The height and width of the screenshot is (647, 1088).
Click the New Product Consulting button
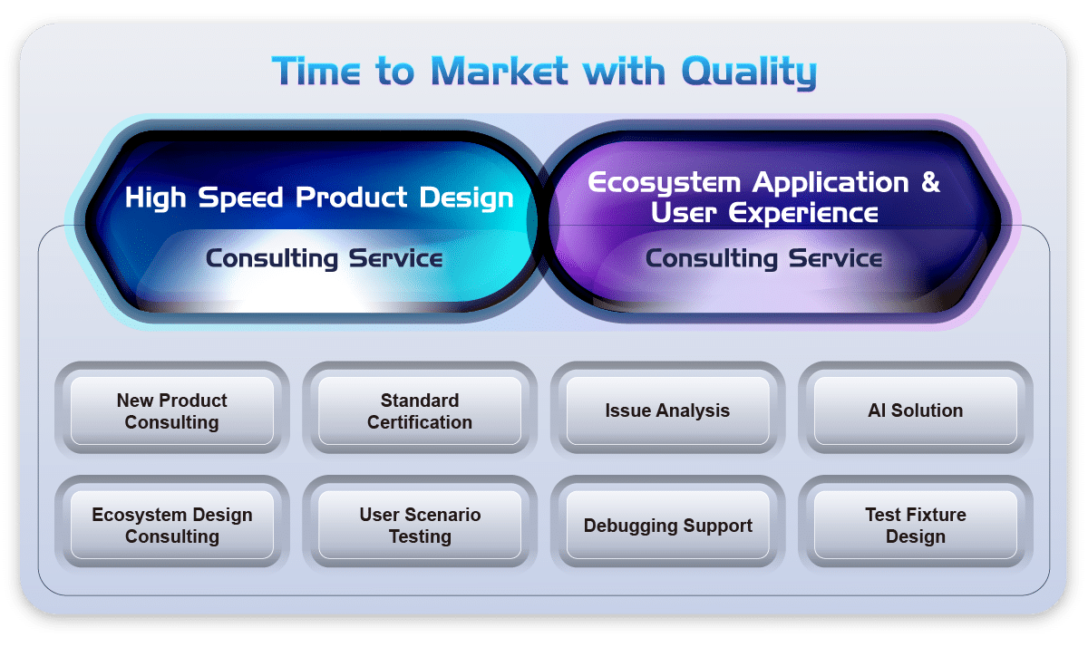click(172, 410)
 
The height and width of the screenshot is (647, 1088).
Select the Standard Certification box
click(420, 410)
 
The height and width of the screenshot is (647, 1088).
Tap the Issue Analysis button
click(667, 410)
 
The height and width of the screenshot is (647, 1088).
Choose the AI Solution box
click(915, 410)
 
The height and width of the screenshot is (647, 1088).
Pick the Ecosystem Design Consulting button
click(172, 526)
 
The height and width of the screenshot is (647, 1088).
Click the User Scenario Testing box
click(420, 526)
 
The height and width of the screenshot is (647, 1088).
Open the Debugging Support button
click(667, 526)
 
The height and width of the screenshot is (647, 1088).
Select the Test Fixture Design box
click(915, 526)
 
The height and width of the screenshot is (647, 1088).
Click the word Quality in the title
click(749, 72)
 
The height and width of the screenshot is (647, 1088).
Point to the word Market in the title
click(499, 71)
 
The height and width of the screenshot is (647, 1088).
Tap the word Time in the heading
click(316, 71)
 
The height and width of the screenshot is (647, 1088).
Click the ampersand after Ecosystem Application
click(930, 182)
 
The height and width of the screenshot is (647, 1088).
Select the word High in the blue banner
click(155, 198)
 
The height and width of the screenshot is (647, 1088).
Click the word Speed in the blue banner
click(240, 198)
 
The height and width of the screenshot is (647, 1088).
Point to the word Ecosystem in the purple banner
click(664, 183)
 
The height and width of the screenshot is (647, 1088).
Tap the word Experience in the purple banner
click(803, 213)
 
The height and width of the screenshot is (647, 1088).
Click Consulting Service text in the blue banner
click(324, 258)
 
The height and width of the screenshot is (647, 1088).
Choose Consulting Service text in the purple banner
click(763, 258)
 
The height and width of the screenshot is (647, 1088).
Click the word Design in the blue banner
click(466, 198)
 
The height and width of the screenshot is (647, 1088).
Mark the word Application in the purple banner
click(831, 183)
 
